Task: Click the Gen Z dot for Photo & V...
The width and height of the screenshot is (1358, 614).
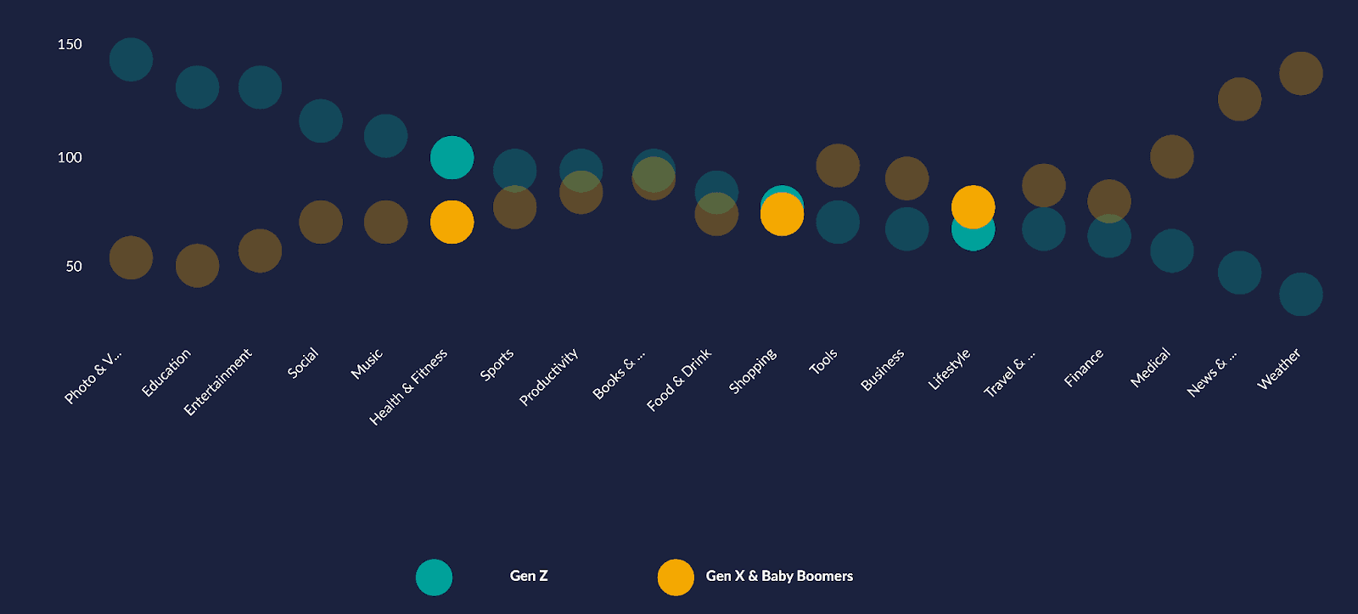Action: tap(131, 59)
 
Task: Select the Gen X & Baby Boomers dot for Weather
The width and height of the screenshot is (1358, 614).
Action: tap(1300, 73)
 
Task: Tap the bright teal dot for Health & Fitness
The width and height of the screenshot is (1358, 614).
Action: tap(452, 157)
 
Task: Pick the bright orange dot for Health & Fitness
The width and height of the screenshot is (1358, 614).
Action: tap(452, 222)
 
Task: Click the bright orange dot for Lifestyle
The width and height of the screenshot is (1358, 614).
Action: tap(973, 206)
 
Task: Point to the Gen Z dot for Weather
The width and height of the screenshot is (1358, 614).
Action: tap(1300, 294)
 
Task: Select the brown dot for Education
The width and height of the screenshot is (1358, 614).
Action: tap(197, 266)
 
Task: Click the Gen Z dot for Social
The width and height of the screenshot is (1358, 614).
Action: tap(321, 121)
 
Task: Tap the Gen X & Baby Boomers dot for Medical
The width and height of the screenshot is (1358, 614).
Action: tap(1171, 156)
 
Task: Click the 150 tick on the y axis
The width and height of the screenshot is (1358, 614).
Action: tap(70, 44)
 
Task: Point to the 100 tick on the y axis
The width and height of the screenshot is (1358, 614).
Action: tap(70, 157)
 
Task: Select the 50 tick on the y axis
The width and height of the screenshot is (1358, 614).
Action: tap(74, 266)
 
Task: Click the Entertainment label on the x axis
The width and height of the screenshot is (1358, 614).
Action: tap(218, 382)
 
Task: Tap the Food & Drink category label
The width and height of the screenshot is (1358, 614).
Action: tap(679, 380)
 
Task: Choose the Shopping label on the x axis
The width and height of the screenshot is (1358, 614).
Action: tap(753, 371)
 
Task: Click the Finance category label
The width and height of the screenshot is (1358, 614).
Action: tap(1084, 368)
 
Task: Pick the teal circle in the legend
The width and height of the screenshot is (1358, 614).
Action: tap(434, 577)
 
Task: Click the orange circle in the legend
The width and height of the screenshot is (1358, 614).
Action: tap(676, 577)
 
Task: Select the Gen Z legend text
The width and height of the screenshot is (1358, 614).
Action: tap(529, 576)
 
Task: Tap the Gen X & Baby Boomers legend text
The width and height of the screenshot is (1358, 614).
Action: tap(779, 576)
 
